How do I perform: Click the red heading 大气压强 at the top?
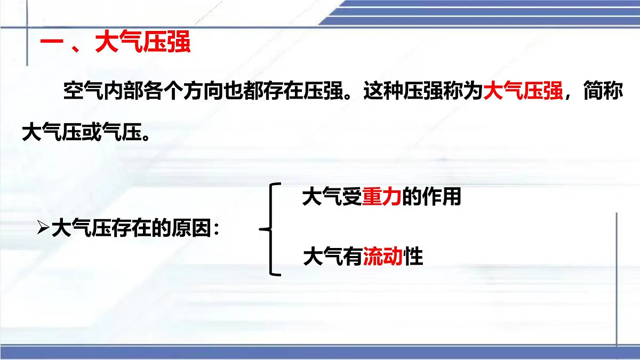(142, 44)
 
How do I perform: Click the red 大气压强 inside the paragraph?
(523, 92)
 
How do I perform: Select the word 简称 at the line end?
(603, 92)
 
